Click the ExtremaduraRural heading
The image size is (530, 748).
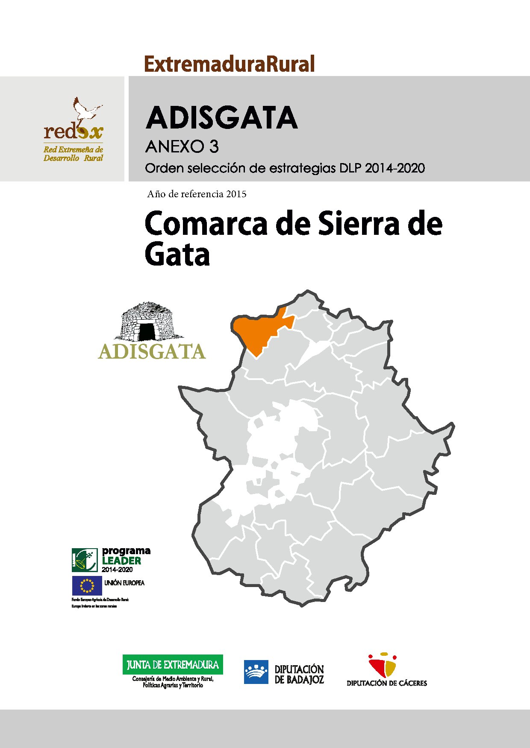pos(230,64)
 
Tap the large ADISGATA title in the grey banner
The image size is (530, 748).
pos(221,118)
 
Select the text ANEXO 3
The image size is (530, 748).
pos(182,147)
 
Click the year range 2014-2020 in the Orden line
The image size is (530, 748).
pos(395,168)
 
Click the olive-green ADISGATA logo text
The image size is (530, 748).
pos(152,352)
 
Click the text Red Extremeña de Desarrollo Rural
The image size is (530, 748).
pos(73,154)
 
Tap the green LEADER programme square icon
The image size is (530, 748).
pos(85,560)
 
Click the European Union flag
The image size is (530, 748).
pos(87,585)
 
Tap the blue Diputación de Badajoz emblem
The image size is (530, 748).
pos(256,672)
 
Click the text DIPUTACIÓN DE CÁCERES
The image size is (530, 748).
pos(387,683)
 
